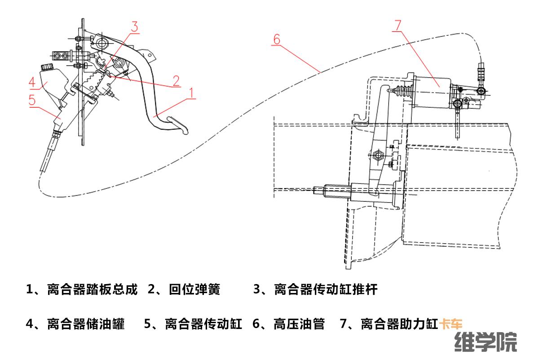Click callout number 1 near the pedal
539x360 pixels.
click(191, 93)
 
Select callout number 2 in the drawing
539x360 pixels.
click(176, 81)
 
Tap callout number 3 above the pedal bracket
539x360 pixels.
click(134, 26)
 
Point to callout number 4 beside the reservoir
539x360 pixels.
click(32, 83)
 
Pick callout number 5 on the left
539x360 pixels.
click(32, 100)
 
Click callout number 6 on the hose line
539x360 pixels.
click(276, 39)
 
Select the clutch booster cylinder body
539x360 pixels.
click(431, 92)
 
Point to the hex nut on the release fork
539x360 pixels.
click(377, 156)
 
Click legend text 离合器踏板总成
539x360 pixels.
click(92, 289)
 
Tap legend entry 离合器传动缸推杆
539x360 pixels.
click(325, 289)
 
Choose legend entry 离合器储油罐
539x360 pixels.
click(86, 324)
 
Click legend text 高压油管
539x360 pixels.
click(299, 324)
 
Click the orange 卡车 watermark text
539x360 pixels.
click(451, 324)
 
